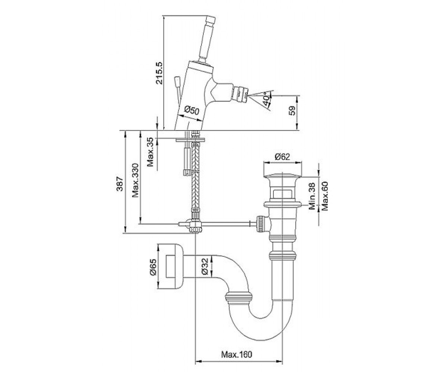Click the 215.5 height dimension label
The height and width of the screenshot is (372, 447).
click(x=159, y=73)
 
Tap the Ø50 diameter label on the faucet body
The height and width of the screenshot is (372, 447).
click(x=191, y=110)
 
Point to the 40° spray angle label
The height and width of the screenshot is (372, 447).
click(x=266, y=99)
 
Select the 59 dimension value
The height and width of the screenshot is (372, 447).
click(x=292, y=110)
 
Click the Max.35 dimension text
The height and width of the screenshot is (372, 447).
click(x=150, y=152)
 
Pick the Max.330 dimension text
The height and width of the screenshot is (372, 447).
click(x=135, y=181)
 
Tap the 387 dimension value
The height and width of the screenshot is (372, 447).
click(x=120, y=184)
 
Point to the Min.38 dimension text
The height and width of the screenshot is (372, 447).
click(x=312, y=196)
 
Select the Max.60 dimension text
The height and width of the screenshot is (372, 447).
click(x=325, y=196)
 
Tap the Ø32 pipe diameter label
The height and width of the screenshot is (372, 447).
click(x=205, y=266)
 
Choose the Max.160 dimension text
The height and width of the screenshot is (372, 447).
click(x=237, y=354)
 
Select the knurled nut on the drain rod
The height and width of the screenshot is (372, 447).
click(x=260, y=224)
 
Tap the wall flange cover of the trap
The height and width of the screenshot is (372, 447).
click(x=171, y=267)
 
